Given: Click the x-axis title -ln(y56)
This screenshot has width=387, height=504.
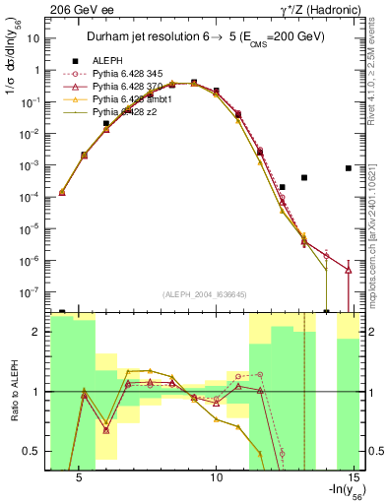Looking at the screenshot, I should click(338, 492).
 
